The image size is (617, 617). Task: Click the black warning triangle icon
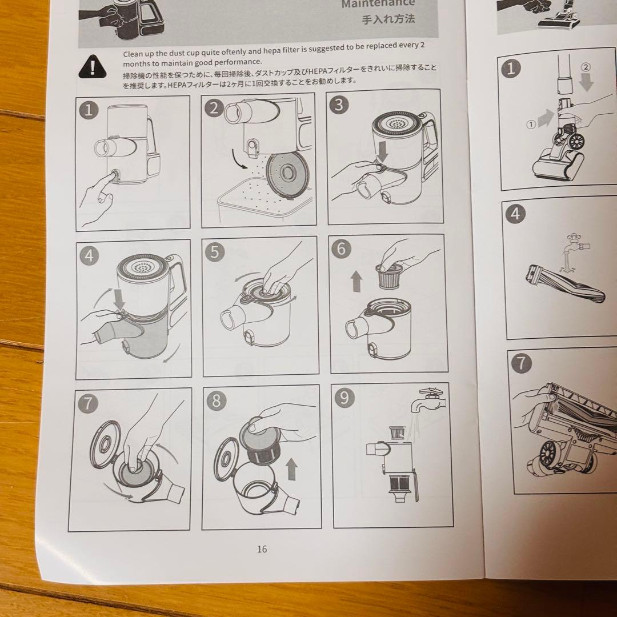tap(93, 66)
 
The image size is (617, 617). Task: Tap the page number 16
tap(262, 549)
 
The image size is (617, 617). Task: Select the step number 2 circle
tap(214, 108)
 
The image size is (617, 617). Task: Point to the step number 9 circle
tap(344, 398)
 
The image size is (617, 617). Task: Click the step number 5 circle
tap(215, 252)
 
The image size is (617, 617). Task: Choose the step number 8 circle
tap(217, 400)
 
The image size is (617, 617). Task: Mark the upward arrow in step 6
tap(356, 281)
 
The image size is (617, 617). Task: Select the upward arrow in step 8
tap(291, 469)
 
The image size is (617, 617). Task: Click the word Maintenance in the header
tap(378, 4)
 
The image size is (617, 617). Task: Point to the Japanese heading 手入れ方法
tap(388, 19)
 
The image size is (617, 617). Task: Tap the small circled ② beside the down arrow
tap(586, 67)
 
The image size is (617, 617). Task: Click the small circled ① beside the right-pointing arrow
tap(531, 125)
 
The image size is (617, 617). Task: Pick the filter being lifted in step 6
tap(387, 277)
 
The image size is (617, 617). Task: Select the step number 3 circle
tap(339, 105)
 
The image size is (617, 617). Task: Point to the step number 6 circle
tap(341, 249)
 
